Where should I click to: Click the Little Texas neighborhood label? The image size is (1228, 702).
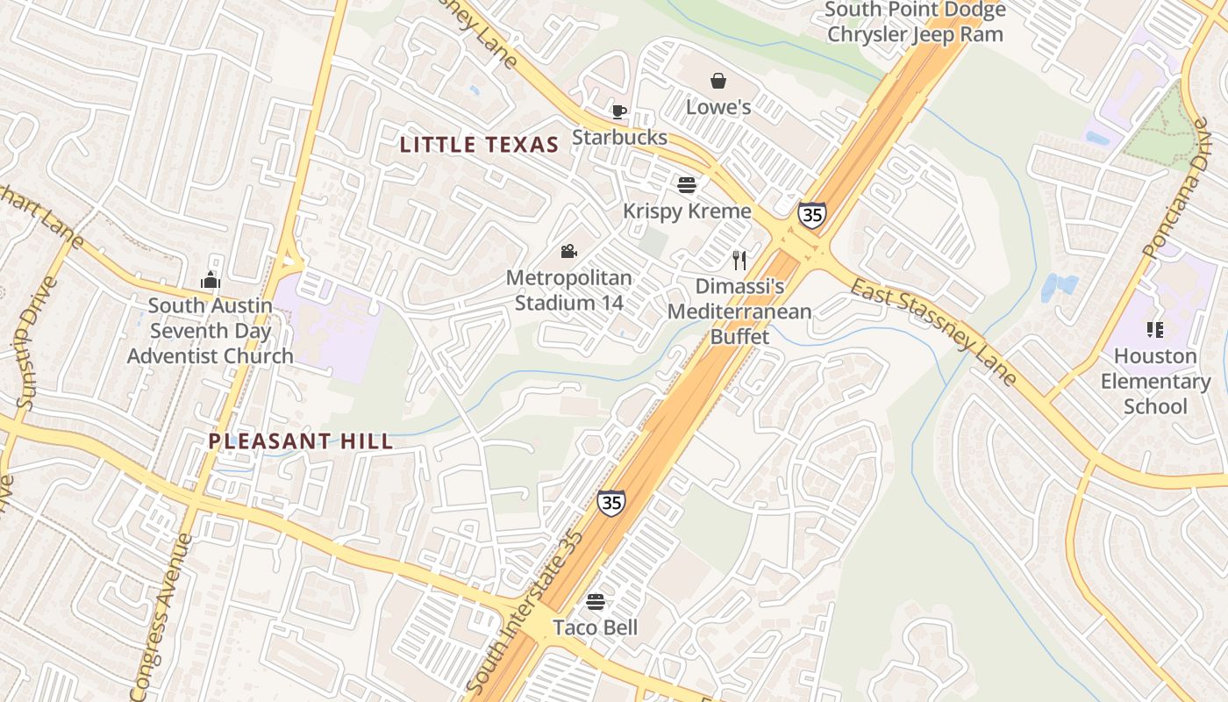pos(479,145)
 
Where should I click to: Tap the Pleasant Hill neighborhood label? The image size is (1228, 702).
pos(301,441)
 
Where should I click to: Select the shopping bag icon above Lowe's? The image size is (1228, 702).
pos(718,81)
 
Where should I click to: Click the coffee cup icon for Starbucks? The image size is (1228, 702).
pos(619,111)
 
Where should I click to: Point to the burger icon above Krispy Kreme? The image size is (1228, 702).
pos(687,185)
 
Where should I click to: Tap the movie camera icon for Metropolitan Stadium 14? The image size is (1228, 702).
pos(568,252)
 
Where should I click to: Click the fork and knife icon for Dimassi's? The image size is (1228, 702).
pos(739,260)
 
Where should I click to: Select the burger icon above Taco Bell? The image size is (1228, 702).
pos(596,602)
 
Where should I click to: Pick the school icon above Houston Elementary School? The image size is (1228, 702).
pos(1155,330)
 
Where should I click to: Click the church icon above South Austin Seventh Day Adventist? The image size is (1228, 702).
pos(210,281)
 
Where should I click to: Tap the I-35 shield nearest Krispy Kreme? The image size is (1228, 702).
pos(811,215)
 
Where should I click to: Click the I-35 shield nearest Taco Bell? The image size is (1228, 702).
pos(611,502)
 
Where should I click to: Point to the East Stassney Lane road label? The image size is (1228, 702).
pos(933,333)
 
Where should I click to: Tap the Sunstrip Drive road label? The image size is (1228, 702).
pos(29,345)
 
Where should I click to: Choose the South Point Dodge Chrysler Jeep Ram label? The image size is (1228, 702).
pos(915,23)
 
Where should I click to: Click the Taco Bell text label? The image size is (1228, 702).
pos(595,627)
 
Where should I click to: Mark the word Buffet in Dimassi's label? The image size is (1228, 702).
pos(739,336)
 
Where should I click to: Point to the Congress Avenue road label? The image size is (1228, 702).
pos(161,614)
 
